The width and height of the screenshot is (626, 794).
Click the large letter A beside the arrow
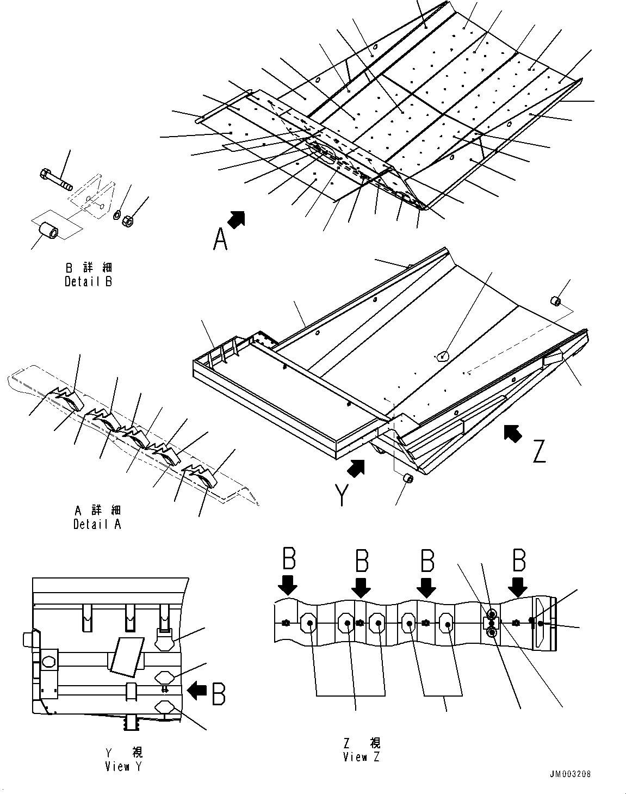click(x=220, y=239)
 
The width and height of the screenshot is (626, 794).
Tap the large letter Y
click(x=342, y=495)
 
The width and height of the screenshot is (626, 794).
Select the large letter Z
click(x=538, y=451)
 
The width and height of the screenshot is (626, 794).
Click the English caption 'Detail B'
click(x=88, y=281)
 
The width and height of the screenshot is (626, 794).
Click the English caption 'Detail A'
click(x=97, y=524)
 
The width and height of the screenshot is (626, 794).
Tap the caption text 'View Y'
click(x=125, y=766)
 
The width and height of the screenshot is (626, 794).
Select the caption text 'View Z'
click(x=362, y=757)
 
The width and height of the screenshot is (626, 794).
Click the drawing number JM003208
click(x=570, y=774)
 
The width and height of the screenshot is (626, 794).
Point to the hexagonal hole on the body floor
click(x=443, y=356)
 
